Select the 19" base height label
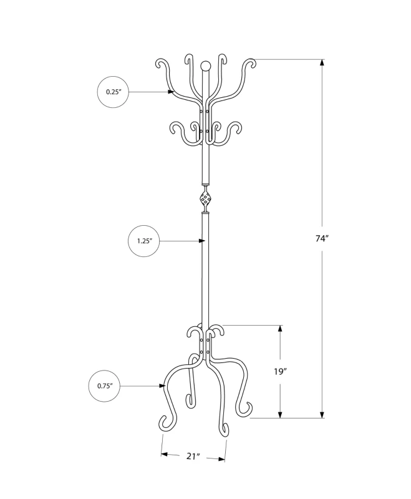click(x=280, y=372)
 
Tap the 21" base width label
click(x=193, y=457)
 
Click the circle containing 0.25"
click(x=113, y=92)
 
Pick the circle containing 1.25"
click(x=143, y=241)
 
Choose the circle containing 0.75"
click(x=104, y=386)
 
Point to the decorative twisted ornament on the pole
click(x=205, y=199)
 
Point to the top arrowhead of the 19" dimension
click(x=280, y=329)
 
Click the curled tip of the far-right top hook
click(x=251, y=63)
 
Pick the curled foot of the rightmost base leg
click(x=248, y=409)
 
